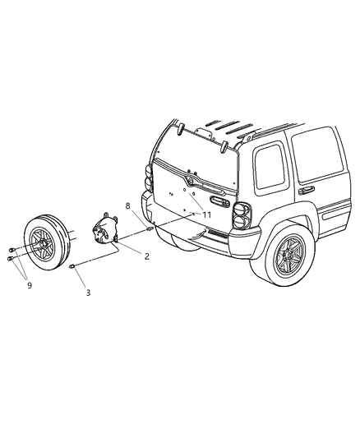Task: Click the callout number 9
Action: coord(30,285)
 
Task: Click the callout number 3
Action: coord(89,292)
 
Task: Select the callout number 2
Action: coord(146,256)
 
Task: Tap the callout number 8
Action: coord(128,206)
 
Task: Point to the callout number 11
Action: coord(207,214)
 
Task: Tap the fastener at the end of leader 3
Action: coord(74,265)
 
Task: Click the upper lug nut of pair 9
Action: coord(8,249)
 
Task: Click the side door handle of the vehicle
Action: coord(307,189)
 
